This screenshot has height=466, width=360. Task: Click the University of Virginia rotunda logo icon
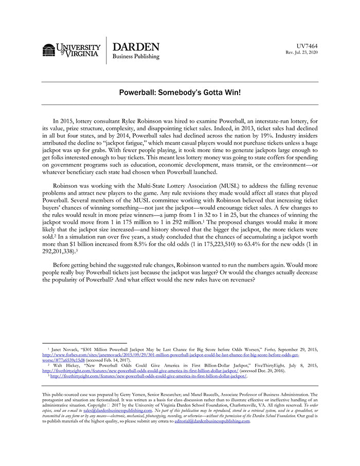click(x=49, y=50)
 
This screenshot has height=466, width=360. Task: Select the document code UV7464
click(x=307, y=46)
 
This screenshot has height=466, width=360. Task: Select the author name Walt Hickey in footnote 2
click(x=65, y=365)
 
